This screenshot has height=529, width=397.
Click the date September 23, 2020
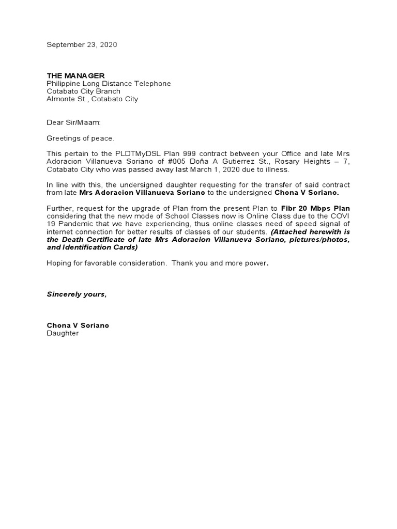[82, 45]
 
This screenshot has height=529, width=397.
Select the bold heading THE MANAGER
[75, 76]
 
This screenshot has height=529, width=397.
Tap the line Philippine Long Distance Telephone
[109, 84]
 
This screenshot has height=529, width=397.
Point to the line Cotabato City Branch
[83, 91]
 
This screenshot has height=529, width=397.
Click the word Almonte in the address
[60, 99]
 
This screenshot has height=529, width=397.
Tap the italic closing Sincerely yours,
[77, 294]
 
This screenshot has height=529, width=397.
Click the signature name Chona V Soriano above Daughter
[78, 325]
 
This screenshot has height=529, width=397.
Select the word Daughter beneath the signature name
[63, 333]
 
